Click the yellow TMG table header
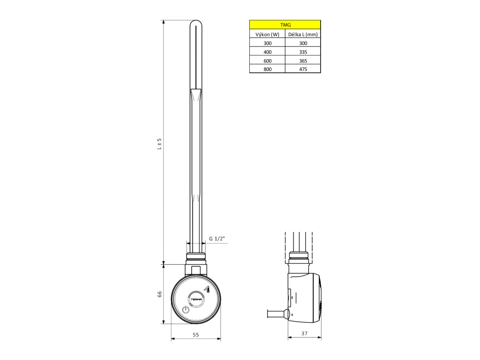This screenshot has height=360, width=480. coord(285,25)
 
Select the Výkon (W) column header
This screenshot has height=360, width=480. coord(267,34)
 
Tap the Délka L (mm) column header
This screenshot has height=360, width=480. coord(303,34)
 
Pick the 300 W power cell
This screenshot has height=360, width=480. coord(267,43)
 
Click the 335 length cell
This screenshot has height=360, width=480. coord(303,52)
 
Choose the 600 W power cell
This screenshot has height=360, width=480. coord(267,60)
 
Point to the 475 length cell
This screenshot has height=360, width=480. coord(303,69)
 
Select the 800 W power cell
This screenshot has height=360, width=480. coord(267,69)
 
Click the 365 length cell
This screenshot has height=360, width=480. coord(303,60)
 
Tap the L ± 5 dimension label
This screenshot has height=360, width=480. coord(159,144)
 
